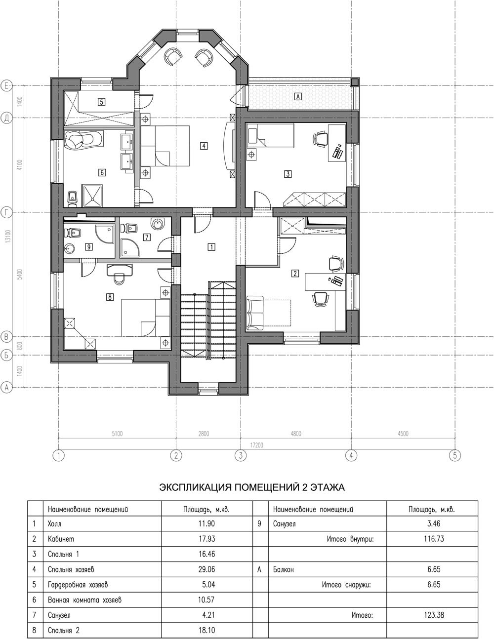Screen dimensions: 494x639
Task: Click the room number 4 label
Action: tap(204, 145)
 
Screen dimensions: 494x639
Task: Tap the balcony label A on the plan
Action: tap(298, 96)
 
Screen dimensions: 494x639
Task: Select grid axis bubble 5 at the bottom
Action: tap(455, 455)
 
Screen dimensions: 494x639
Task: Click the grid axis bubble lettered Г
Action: tap(6, 212)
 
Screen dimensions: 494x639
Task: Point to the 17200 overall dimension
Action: tap(256, 445)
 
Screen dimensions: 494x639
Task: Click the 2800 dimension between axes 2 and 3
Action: tap(204, 434)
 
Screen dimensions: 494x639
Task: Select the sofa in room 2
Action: tap(254, 313)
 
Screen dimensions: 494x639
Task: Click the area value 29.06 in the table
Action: tap(206, 569)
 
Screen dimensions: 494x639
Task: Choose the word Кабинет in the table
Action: tap(61, 539)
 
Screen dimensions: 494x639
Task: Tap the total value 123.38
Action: tap(434, 615)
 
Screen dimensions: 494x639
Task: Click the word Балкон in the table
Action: tap(284, 569)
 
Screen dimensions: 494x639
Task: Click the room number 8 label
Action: tap(110, 297)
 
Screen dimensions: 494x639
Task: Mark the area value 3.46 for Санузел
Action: tap(434, 523)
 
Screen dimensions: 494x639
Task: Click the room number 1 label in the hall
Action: tap(211, 247)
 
